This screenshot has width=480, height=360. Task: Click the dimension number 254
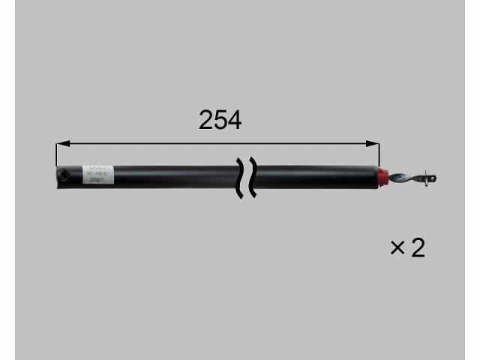pos(220,119)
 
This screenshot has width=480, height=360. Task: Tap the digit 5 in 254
pos(220,119)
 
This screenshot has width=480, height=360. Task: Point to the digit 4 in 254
pos(234,119)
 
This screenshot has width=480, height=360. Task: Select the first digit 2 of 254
pos(206,119)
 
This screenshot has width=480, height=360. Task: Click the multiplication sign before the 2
pos(397,248)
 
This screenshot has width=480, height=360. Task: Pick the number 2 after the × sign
pos(418,248)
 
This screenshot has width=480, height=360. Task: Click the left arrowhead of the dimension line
pos(61,142)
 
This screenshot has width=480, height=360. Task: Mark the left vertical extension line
pos(56,154)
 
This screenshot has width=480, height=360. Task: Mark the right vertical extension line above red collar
pos(376,154)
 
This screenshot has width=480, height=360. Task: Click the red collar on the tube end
pos(382,176)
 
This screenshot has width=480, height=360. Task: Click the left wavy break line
pos(240,178)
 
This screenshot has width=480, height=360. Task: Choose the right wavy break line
pos(253,178)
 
